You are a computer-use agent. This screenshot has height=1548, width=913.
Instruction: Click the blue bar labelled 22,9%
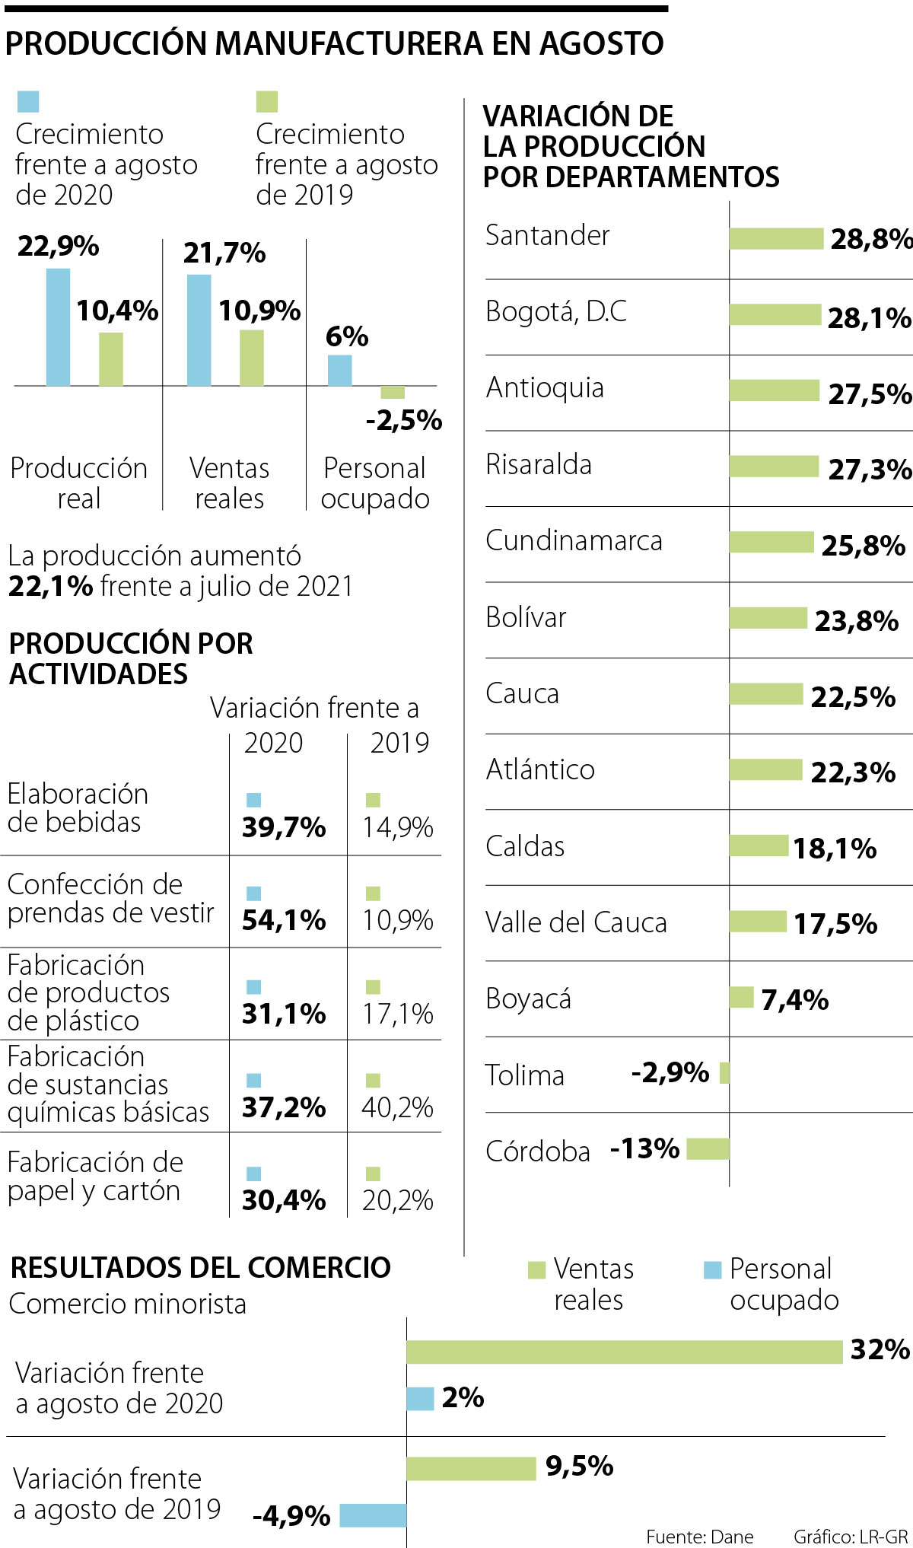coord(58,327)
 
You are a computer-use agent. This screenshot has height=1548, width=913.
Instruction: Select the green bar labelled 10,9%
coord(252,358)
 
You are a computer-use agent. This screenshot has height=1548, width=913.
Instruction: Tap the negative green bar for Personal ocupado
coord(393,392)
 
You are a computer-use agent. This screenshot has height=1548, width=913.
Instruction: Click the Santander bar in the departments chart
coord(776,238)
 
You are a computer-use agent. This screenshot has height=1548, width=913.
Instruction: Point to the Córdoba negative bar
coord(708,1148)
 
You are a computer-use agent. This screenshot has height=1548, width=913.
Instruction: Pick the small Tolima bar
coord(724,1073)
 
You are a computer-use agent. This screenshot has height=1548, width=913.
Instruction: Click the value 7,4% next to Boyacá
coord(794,999)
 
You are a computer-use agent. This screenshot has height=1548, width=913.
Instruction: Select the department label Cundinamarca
coord(574,540)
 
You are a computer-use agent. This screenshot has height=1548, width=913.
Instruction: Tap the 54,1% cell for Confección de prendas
coord(284,920)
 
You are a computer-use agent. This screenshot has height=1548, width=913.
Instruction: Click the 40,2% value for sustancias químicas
coord(397,1107)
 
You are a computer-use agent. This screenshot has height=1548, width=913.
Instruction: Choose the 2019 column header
coord(399,743)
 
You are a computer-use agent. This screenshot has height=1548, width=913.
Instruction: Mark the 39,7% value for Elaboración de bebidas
coord(284,827)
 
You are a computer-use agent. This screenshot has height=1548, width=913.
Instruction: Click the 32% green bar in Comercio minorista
coord(624,1352)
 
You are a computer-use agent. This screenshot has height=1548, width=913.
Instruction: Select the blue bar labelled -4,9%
coord(373,1515)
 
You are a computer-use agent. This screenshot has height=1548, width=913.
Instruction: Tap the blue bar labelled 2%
coord(420,1398)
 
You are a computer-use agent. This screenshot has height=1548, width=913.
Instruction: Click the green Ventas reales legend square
coord(536,1269)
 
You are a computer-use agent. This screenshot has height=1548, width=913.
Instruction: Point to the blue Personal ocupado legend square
coord(712,1269)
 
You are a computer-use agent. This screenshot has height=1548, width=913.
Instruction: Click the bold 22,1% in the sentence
coord(50,587)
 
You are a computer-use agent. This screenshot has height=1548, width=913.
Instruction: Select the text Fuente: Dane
coord(699,1537)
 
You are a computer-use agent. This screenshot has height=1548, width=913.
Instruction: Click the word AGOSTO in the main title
coord(601,44)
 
